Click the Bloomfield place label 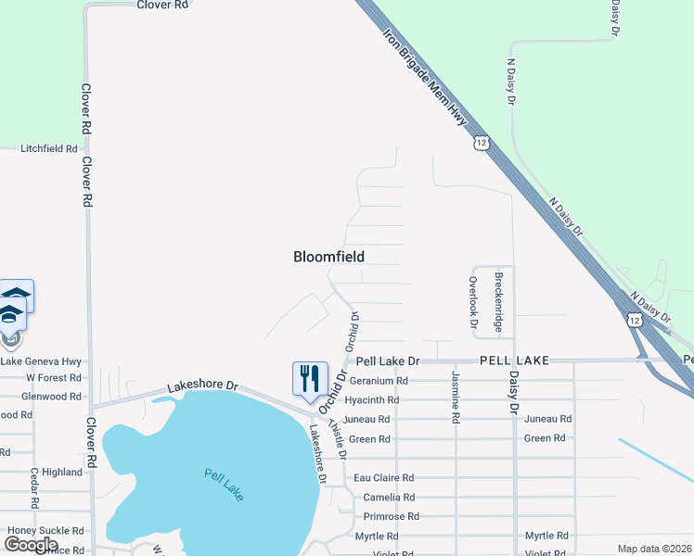point(328,257)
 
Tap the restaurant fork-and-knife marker point(310,378)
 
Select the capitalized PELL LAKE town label point(514,360)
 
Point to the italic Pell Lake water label point(224,485)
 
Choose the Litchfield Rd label point(49,148)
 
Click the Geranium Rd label point(378,380)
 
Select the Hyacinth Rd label point(371,400)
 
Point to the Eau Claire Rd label point(382,478)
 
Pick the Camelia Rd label point(381,498)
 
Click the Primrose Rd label point(392,516)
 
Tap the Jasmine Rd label point(456,398)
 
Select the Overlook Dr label point(473,304)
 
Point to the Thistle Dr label point(338,439)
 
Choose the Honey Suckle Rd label point(46,531)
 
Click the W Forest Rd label point(54,377)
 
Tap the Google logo point(31,545)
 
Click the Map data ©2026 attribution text point(654,549)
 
